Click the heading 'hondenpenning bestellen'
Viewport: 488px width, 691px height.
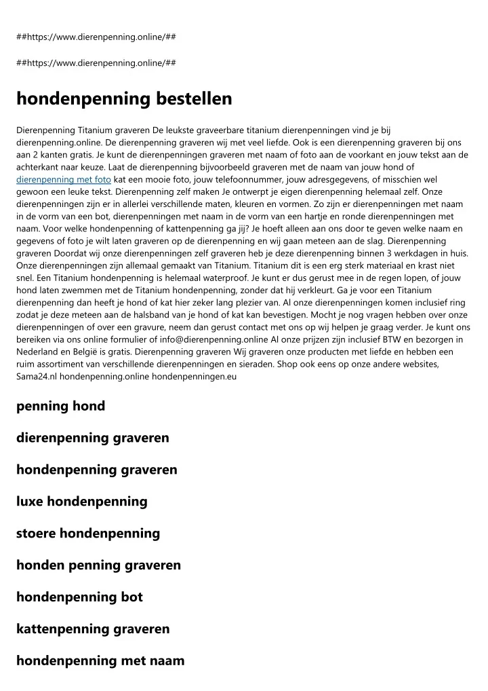pyautogui.click(x=124, y=99)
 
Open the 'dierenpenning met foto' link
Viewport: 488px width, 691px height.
pyautogui.click(x=63, y=179)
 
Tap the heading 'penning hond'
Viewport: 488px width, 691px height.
pyautogui.click(x=60, y=407)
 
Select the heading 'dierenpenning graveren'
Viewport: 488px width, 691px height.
pyautogui.click(x=93, y=438)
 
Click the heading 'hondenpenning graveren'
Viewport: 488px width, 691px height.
pyautogui.click(x=96, y=470)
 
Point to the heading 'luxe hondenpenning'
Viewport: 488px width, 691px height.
pyautogui.click(x=81, y=502)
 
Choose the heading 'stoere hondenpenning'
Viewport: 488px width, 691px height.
pyautogui.click(x=88, y=534)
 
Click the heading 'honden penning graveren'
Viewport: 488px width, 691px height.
pyautogui.click(x=98, y=565)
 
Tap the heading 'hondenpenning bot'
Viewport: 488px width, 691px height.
pyautogui.click(x=79, y=597)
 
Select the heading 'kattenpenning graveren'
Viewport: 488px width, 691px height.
pyautogui.click(x=93, y=629)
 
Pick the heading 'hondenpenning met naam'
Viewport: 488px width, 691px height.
pyautogui.click(x=100, y=660)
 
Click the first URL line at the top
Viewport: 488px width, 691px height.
pyautogui.click(x=96, y=36)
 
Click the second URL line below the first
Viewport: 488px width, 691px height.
pyautogui.click(x=96, y=62)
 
